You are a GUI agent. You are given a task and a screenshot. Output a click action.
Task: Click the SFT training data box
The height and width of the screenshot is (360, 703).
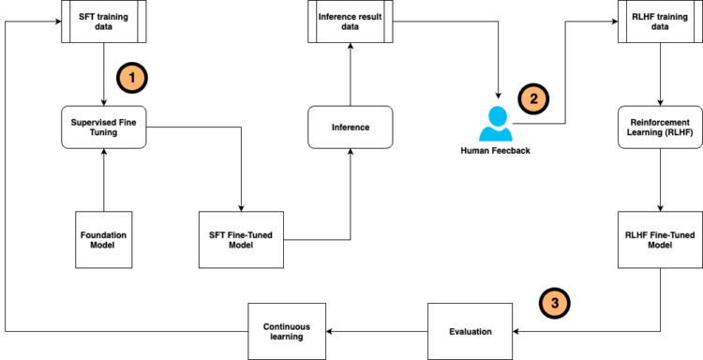(x=100, y=22)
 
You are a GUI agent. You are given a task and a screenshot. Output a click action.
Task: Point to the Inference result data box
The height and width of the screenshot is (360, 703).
(x=349, y=22)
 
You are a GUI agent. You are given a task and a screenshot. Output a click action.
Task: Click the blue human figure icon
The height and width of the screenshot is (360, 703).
(x=496, y=123)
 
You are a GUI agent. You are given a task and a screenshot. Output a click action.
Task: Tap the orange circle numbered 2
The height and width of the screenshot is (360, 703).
(x=533, y=96)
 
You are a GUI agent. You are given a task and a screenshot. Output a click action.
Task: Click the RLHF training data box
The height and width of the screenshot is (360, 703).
(x=662, y=22)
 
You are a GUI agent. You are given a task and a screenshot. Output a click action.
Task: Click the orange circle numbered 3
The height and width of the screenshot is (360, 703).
(x=554, y=302)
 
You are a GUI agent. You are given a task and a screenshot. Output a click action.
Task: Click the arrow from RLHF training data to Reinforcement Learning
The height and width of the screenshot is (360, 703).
(x=662, y=75)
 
